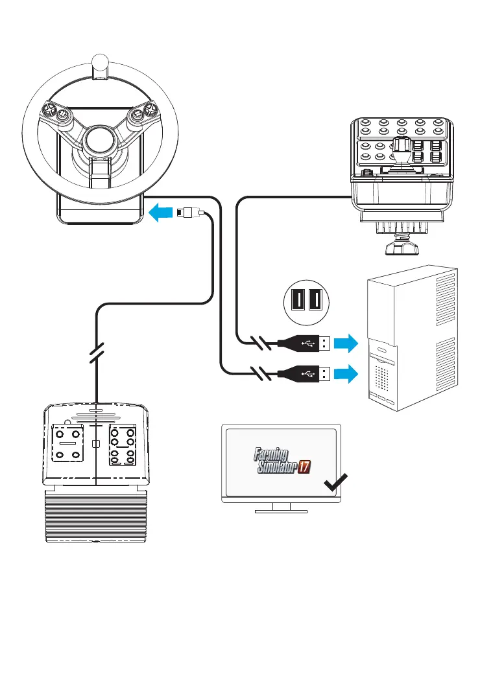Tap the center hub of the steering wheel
(x=101, y=140)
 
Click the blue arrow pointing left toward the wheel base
(x=160, y=213)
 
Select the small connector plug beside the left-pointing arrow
(x=189, y=213)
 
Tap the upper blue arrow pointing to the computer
(x=346, y=343)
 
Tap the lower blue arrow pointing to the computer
(x=346, y=374)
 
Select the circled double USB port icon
(x=306, y=301)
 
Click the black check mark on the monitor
(x=335, y=483)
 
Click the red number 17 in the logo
(x=304, y=467)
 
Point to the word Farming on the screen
(x=271, y=455)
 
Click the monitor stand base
(x=282, y=511)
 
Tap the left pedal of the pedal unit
(x=67, y=443)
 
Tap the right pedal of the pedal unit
(x=123, y=445)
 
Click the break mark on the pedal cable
(x=97, y=353)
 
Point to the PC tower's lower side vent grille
(x=445, y=363)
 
